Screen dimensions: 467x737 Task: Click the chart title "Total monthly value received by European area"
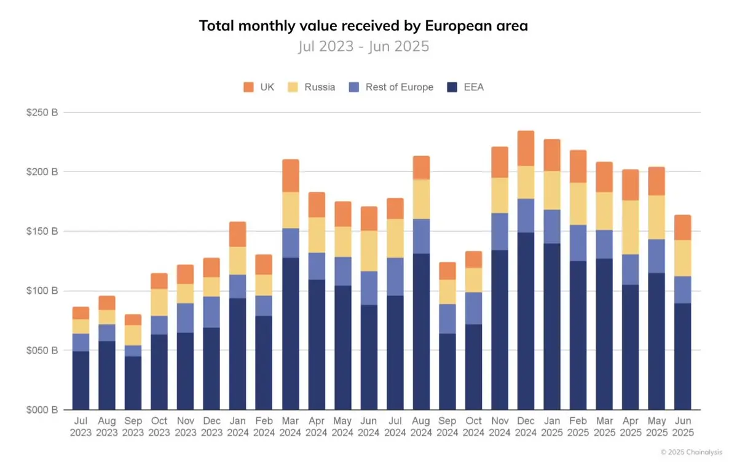click(363, 26)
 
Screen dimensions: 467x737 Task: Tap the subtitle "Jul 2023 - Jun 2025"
click(363, 47)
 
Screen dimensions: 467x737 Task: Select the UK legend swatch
click(249, 87)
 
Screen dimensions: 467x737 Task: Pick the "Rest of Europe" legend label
click(399, 87)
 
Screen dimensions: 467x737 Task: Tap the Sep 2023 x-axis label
click(133, 426)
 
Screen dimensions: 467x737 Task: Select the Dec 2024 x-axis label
click(526, 426)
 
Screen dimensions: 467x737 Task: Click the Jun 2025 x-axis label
click(682, 426)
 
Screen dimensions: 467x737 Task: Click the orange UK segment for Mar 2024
click(290, 176)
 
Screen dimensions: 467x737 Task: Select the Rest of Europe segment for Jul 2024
click(395, 277)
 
